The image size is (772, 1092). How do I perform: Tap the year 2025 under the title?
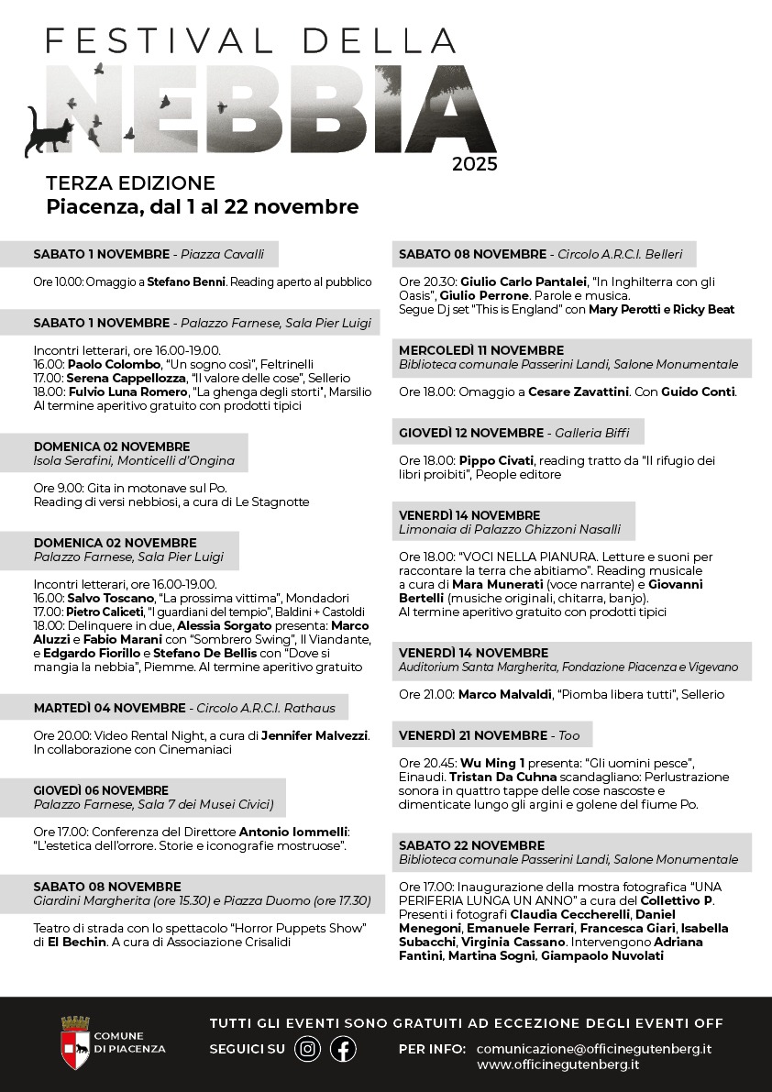[474, 165]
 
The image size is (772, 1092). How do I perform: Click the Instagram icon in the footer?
[308, 1049]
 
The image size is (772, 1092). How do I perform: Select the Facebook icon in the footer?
[343, 1049]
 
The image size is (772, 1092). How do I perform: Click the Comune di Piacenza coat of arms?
[74, 1042]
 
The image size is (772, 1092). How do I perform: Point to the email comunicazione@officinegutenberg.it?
[594, 1048]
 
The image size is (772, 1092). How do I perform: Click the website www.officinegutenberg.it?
[557, 1064]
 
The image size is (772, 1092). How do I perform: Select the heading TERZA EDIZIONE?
[130, 183]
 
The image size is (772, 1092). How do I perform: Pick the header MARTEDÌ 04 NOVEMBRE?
[108, 708]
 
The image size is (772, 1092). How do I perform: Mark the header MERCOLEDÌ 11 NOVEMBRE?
[481, 350]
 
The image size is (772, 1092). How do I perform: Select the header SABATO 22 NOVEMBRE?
[471, 845]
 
